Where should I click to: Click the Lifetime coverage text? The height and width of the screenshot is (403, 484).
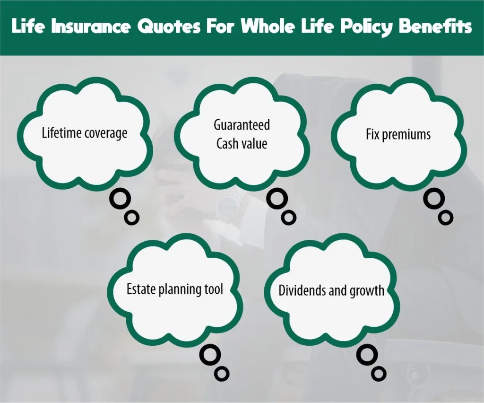pyautogui.click(x=85, y=133)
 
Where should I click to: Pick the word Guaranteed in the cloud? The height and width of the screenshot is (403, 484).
pyautogui.click(x=242, y=125)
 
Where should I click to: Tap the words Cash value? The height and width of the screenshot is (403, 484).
pyautogui.click(x=242, y=143)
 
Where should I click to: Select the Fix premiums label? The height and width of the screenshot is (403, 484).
pyautogui.click(x=398, y=134)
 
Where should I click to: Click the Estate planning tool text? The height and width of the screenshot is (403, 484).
pyautogui.click(x=174, y=289)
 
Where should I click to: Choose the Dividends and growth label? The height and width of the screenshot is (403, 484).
pyautogui.click(x=331, y=290)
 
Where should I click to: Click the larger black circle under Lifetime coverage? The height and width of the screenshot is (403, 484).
pyautogui.click(x=120, y=200)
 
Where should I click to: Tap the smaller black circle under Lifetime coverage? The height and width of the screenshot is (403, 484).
pyautogui.click(x=132, y=217)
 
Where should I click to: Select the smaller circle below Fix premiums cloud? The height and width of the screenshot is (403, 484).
pyautogui.click(x=445, y=217)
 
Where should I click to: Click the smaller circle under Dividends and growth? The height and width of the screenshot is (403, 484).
pyautogui.click(x=379, y=374)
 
